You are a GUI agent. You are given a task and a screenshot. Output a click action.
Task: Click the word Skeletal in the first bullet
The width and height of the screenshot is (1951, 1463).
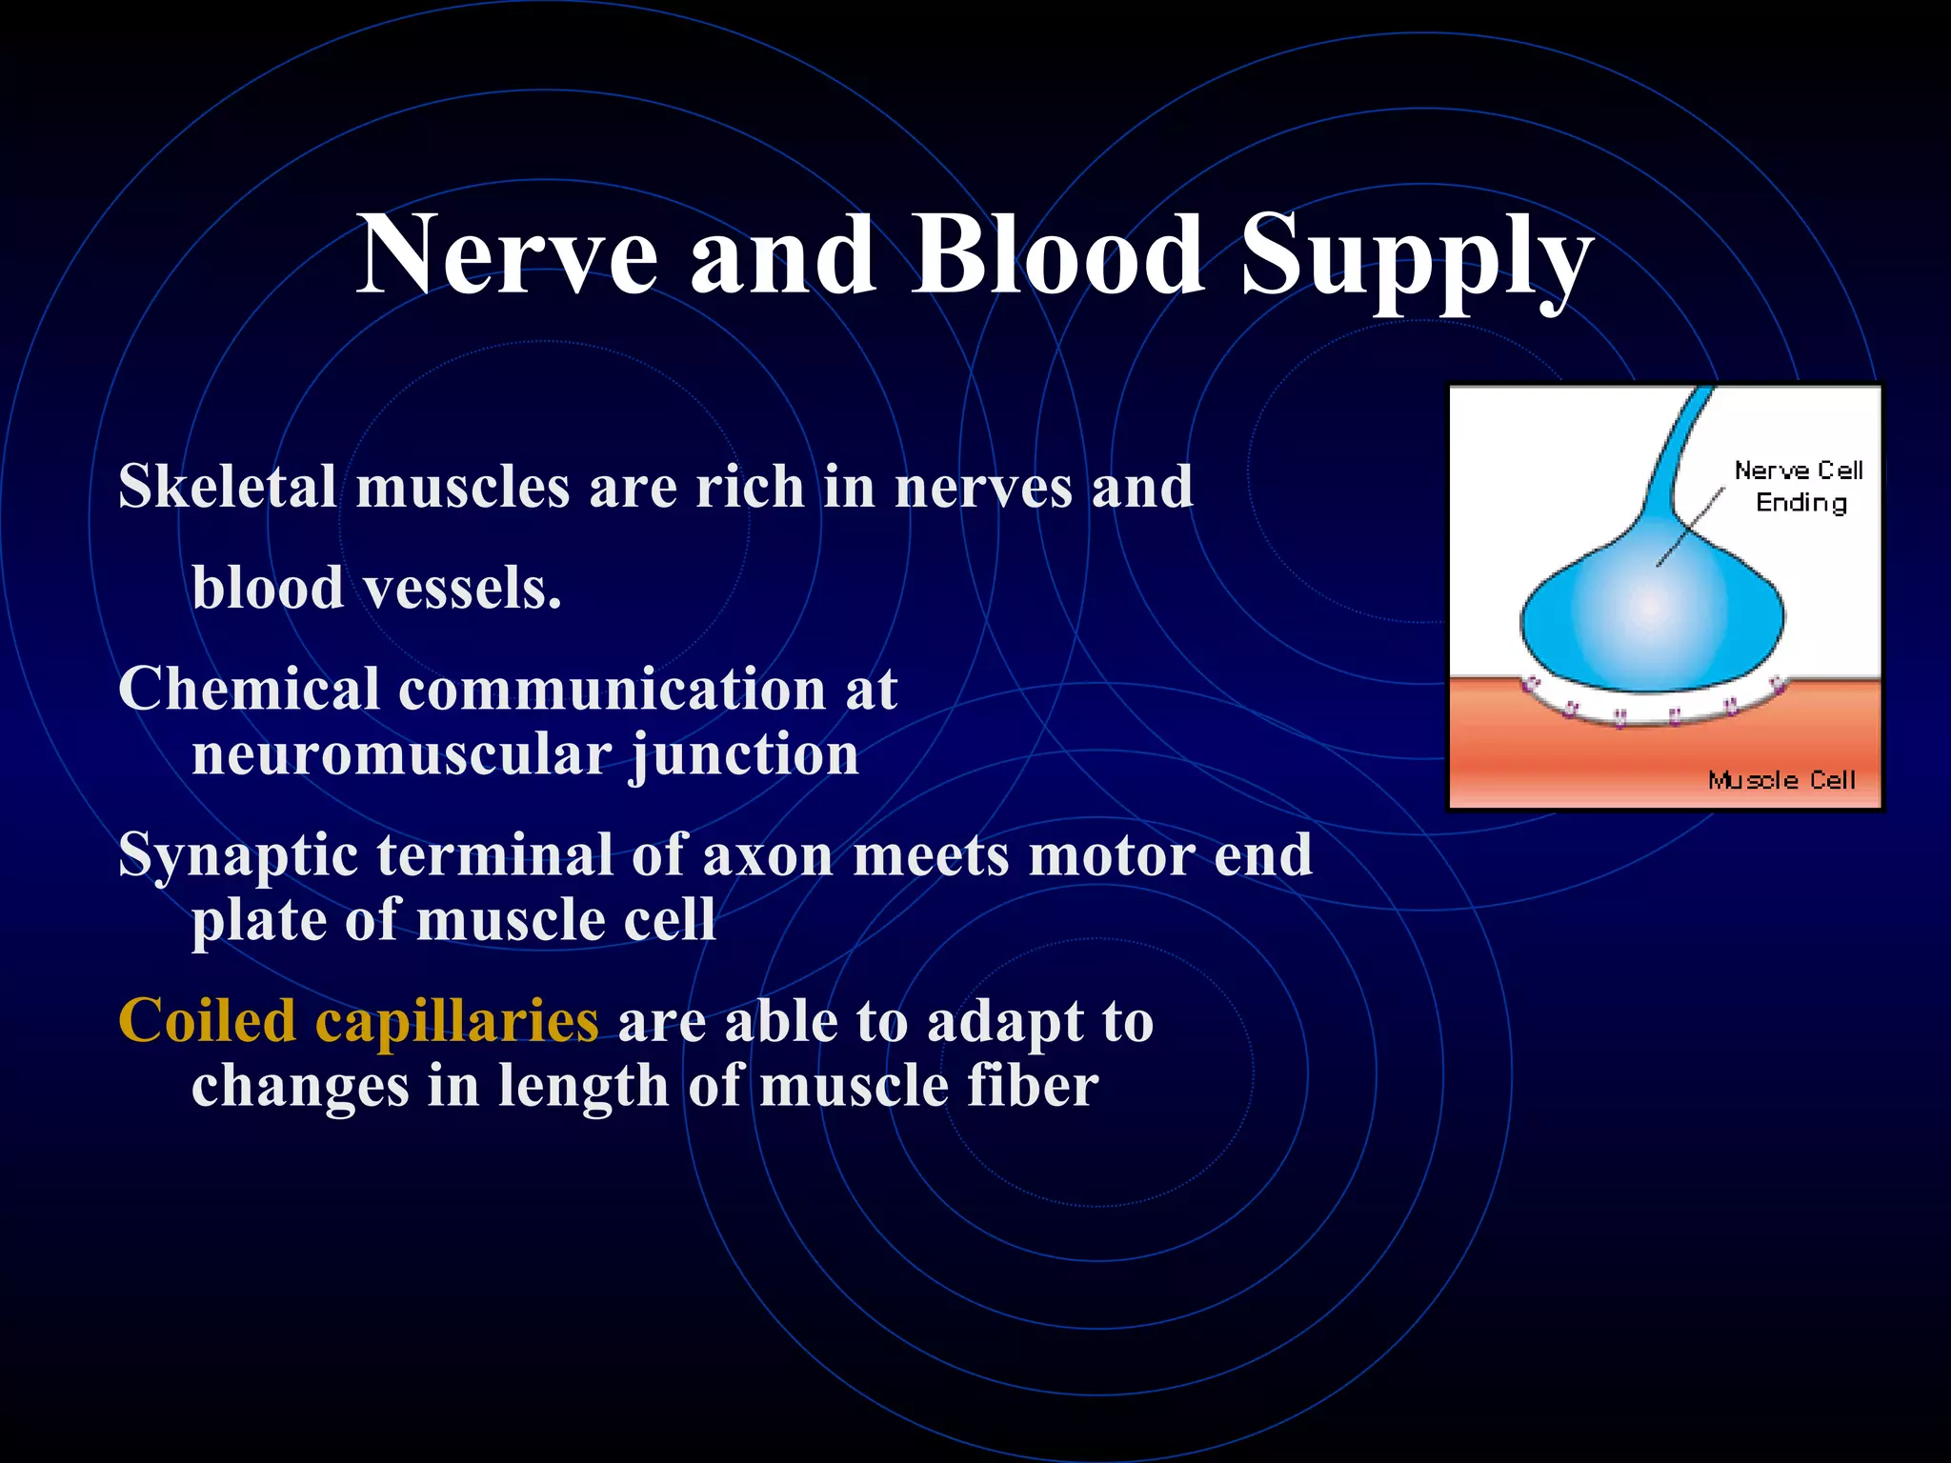point(227,487)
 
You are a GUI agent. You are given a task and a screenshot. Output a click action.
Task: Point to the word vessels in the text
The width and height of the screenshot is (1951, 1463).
point(463,588)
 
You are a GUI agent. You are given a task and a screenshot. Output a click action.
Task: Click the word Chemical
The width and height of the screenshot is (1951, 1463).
point(249,689)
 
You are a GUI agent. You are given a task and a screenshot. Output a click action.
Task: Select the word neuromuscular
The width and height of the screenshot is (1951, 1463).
point(401,755)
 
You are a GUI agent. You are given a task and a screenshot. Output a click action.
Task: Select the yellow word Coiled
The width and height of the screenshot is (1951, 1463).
point(207,1021)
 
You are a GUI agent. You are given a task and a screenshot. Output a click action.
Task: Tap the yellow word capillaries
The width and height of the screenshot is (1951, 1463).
point(456,1023)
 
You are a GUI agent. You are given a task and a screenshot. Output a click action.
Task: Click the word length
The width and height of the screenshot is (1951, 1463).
point(583,1088)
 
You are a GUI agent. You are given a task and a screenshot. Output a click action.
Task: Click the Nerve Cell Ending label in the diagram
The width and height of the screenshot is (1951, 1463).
point(1799,487)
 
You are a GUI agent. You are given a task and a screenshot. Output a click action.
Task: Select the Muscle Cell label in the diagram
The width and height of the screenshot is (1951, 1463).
point(1781,781)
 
